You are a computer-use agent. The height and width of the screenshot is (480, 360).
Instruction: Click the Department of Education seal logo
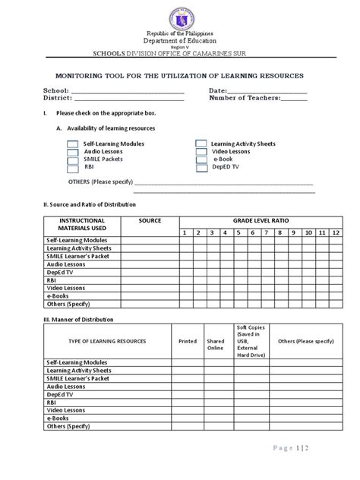(180, 17)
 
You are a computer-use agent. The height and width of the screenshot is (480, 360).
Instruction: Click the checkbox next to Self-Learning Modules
(73, 144)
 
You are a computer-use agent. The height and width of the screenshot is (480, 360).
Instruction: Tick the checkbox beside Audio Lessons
(73, 152)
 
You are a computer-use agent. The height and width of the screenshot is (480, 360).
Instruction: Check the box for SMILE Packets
(73, 160)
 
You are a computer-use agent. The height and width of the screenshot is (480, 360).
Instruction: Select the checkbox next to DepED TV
(201, 169)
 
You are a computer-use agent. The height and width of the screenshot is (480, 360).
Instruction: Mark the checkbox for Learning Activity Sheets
(201, 144)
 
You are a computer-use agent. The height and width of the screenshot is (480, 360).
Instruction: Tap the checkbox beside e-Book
(201, 160)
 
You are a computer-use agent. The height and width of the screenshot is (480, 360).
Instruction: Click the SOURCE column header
(150, 219)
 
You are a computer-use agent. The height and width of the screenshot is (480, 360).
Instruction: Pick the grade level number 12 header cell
(335, 232)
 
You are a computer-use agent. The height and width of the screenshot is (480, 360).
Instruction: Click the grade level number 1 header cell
(185, 232)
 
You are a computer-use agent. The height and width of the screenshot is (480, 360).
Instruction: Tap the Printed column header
(187, 342)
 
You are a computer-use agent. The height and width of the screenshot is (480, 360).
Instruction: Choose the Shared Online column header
(215, 345)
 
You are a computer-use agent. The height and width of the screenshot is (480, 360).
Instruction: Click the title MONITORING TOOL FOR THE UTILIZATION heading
(180, 77)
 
